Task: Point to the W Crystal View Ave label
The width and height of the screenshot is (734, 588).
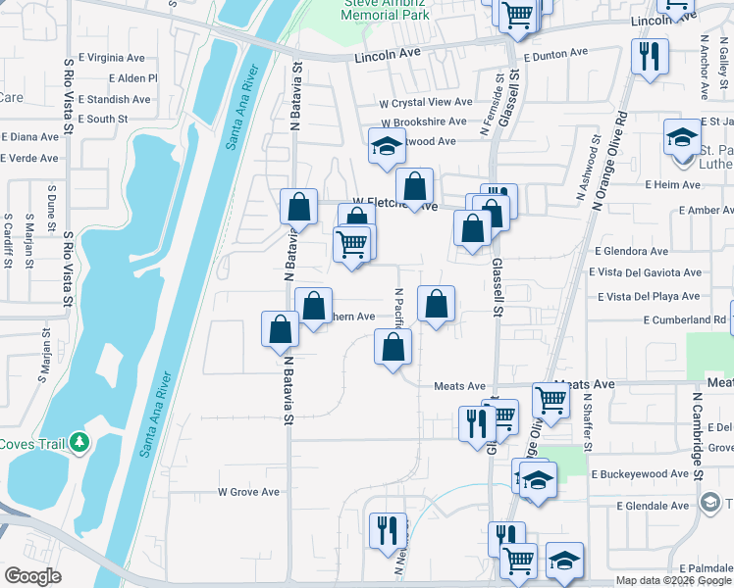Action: (427, 102)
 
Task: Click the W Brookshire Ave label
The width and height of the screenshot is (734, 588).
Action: (424, 122)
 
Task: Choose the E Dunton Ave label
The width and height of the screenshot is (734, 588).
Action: (555, 53)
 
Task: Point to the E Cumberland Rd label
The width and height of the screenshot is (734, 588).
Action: (685, 320)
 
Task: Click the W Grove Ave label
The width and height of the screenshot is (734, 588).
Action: (248, 492)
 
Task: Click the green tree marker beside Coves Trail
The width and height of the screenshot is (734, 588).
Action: (79, 444)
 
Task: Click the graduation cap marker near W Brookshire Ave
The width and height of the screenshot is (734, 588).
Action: (387, 147)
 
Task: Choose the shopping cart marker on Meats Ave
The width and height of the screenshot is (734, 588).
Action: (550, 400)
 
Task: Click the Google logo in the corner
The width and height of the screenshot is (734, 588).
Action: (33, 576)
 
